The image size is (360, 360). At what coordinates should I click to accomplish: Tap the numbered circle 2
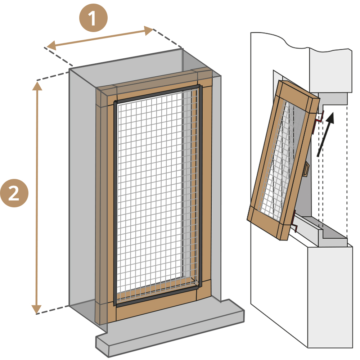point(14,193)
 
